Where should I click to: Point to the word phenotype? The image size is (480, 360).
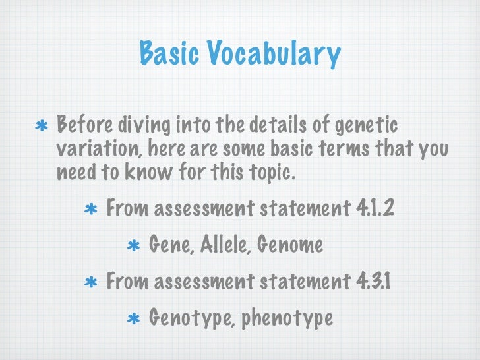tap(287, 319)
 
